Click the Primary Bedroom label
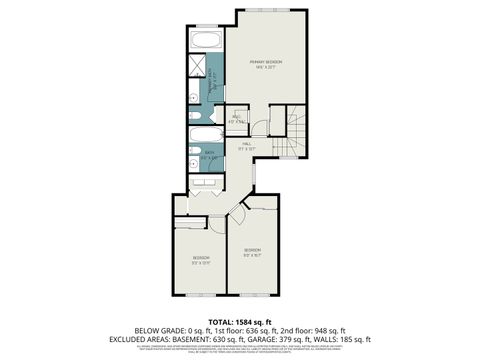(x=266, y=63)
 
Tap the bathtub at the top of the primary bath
(x=206, y=42)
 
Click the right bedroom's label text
(x=252, y=252)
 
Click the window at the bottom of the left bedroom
(x=200, y=296)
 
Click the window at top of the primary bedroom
(x=270, y=9)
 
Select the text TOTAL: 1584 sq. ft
(x=240, y=319)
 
